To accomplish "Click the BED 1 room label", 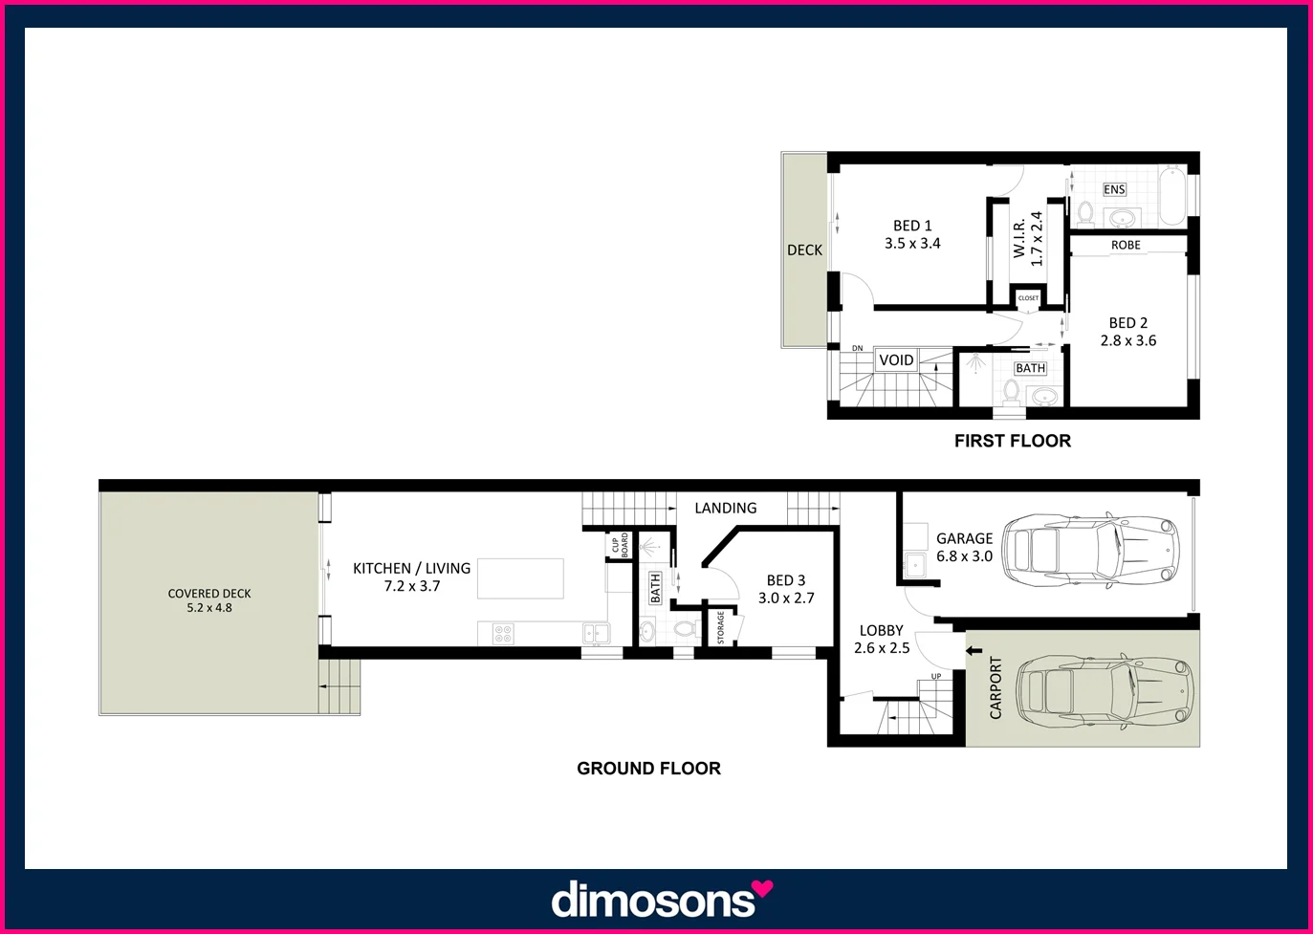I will (x=911, y=226).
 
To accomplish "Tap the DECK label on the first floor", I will (x=804, y=250).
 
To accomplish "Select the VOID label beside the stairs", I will (x=896, y=360).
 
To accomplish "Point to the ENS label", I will (x=1114, y=189).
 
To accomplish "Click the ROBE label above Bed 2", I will (x=1126, y=246).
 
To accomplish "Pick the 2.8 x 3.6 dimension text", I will (x=1127, y=340).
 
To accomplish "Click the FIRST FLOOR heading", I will (x=1012, y=441).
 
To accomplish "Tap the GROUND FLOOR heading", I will (x=648, y=769).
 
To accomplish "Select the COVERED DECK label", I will (x=209, y=594).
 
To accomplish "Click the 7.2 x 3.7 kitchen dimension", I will (x=412, y=586).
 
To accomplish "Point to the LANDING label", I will (x=725, y=509).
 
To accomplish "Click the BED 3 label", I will (x=786, y=580).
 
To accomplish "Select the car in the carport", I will (x=1104, y=688).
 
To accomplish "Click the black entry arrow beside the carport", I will (x=974, y=651).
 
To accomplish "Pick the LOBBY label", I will (x=881, y=631).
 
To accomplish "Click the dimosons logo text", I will (x=652, y=901).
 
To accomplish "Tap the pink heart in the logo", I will (x=762, y=889).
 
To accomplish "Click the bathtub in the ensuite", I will (x=1172, y=196).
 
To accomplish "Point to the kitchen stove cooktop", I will (x=503, y=633).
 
